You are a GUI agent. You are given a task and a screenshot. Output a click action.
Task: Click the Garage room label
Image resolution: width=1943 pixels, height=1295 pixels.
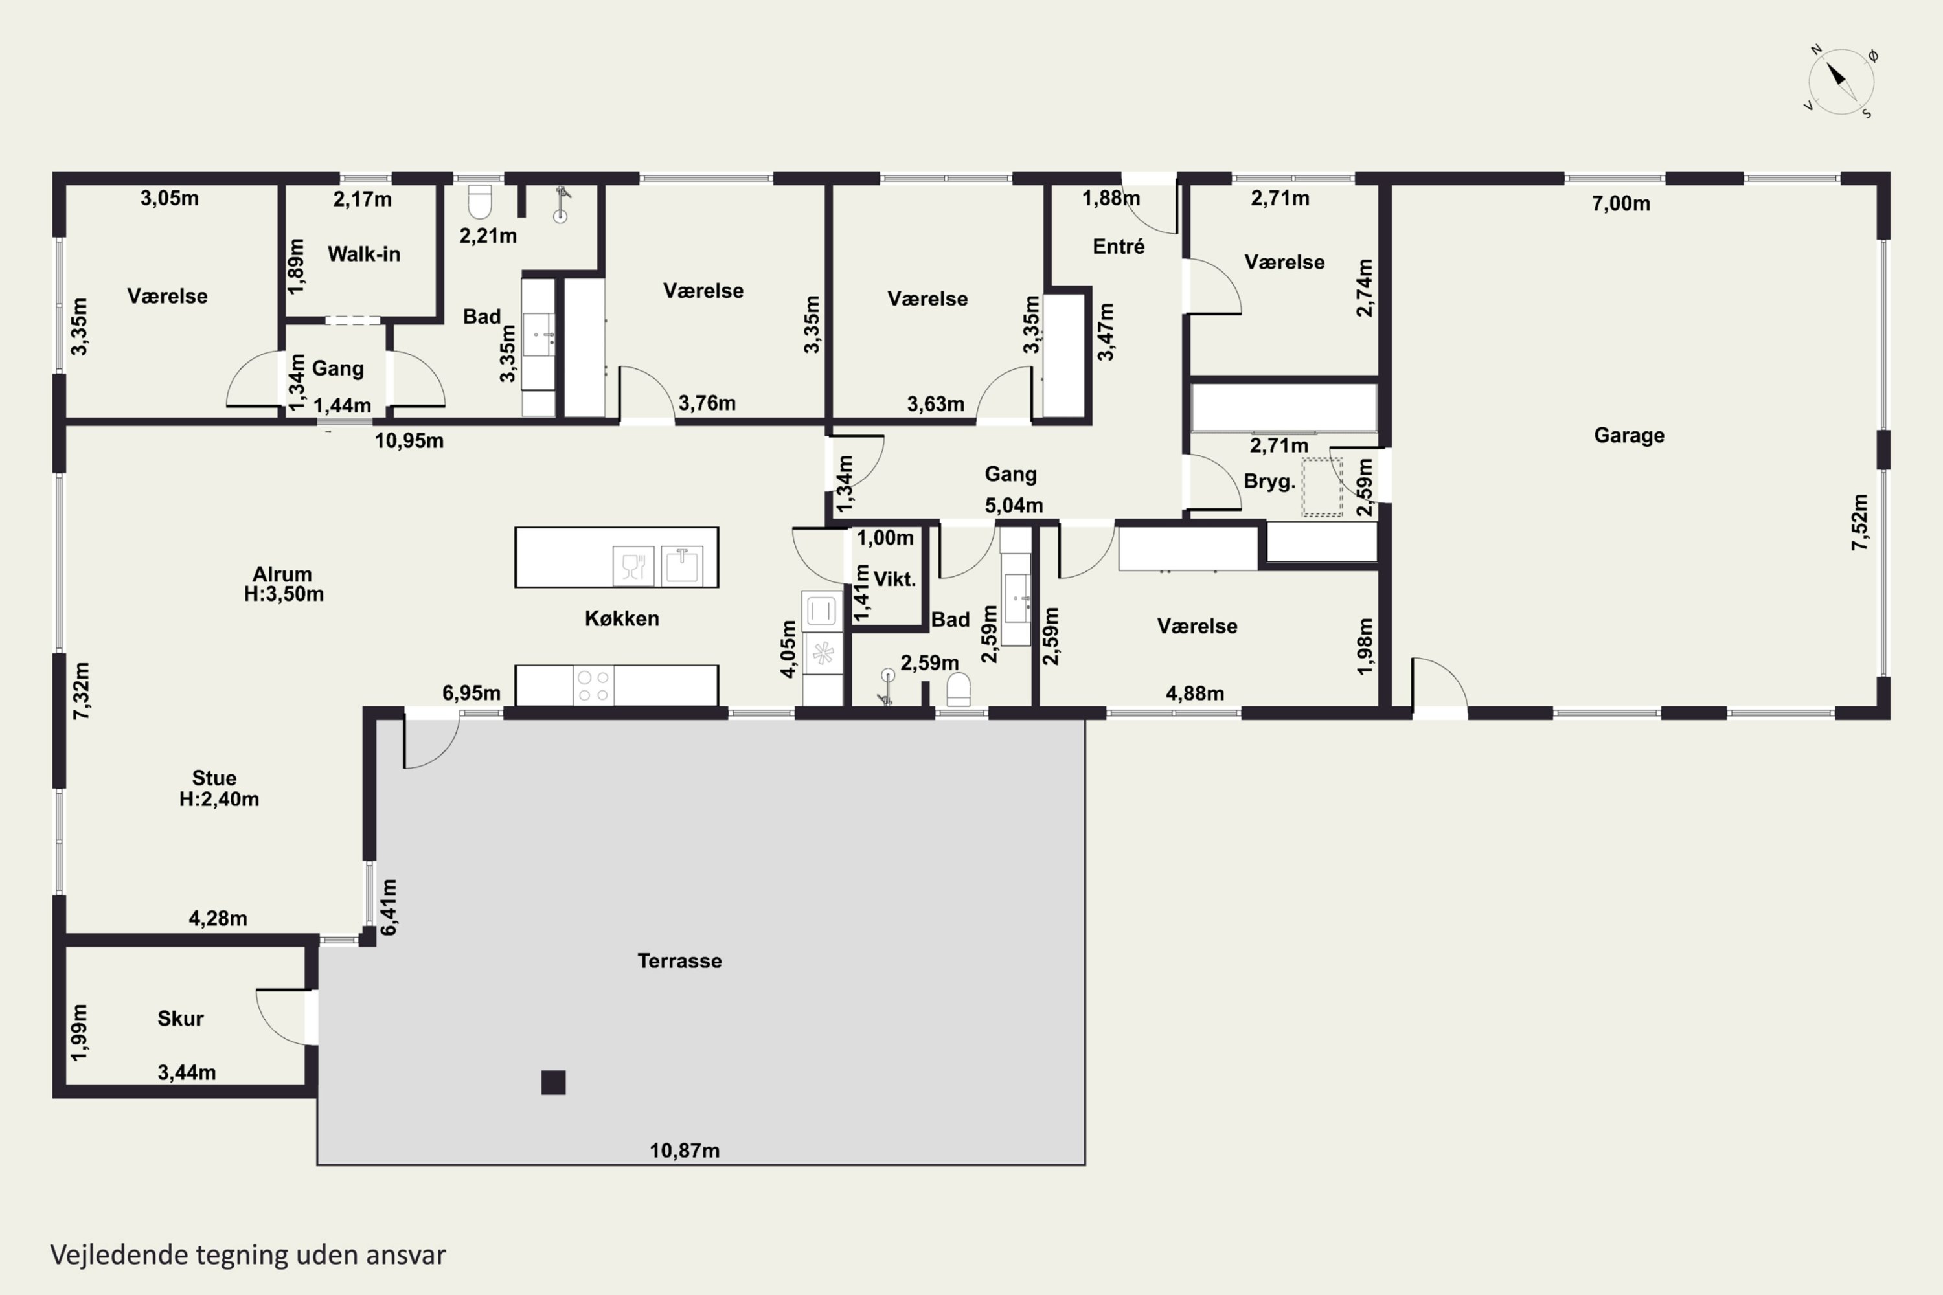click(1629, 435)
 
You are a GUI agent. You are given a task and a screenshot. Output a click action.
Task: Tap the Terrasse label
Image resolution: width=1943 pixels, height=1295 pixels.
click(679, 960)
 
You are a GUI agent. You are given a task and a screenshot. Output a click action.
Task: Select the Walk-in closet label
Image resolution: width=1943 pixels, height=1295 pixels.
click(363, 254)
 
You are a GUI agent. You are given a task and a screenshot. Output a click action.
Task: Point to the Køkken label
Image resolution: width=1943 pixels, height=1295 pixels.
click(622, 618)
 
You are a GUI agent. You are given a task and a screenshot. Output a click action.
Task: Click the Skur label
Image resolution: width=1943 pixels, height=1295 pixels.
click(180, 1019)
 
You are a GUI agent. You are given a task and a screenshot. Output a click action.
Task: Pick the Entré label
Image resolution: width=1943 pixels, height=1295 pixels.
click(1119, 246)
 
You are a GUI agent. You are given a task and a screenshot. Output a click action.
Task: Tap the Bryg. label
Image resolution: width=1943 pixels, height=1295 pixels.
click(1269, 482)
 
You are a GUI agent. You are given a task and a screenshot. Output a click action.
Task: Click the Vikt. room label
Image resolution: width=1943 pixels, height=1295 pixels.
click(894, 579)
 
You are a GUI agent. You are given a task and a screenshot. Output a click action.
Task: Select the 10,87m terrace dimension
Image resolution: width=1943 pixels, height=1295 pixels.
click(684, 1151)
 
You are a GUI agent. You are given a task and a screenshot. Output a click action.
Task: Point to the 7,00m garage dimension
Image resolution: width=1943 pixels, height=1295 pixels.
click(1621, 203)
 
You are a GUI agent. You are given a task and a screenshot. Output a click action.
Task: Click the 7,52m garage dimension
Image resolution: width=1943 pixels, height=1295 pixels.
click(1859, 522)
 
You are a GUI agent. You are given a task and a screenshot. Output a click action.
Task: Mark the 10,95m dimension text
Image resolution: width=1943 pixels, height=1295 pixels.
click(409, 441)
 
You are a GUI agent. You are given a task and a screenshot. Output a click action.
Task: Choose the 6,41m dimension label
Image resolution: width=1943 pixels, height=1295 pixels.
click(388, 907)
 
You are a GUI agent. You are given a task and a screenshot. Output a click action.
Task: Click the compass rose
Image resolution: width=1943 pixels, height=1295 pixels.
click(1841, 82)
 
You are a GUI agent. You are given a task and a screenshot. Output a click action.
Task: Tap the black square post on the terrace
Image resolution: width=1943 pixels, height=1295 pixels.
click(554, 1082)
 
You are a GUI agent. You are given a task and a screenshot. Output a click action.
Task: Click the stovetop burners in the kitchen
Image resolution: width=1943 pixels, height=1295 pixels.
click(593, 686)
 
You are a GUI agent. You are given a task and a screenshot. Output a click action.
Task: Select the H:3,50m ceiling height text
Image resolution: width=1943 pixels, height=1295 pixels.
click(284, 594)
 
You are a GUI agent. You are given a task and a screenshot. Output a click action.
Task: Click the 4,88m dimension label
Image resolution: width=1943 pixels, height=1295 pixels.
click(1194, 693)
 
